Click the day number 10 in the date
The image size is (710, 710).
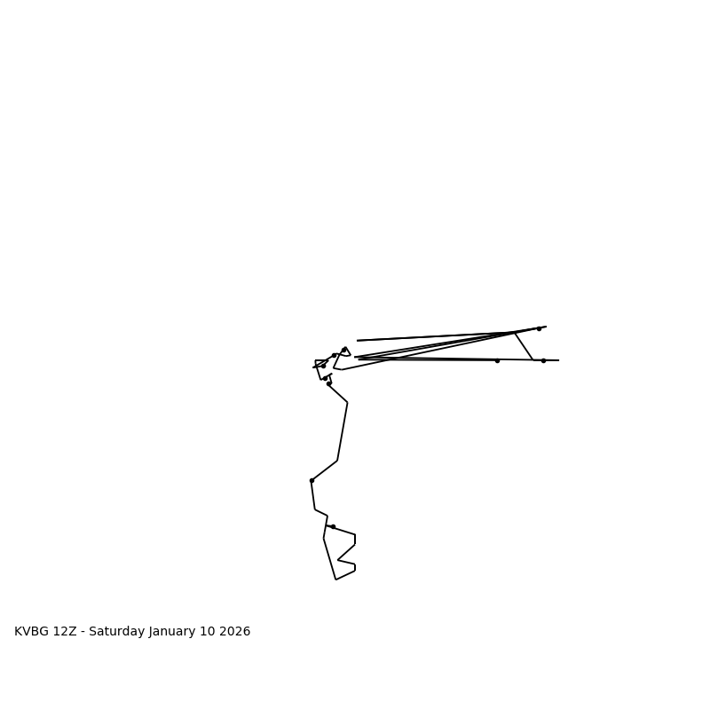210,632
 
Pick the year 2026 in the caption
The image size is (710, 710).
235,632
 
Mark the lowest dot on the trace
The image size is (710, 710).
333,526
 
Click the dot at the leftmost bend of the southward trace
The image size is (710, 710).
312,480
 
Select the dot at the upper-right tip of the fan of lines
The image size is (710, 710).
539,328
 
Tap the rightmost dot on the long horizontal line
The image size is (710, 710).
543,360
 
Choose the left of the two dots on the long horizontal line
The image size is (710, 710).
497,360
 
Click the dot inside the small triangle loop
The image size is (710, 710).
344,350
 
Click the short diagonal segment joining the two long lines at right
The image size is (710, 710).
524,346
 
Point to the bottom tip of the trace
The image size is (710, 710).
335,580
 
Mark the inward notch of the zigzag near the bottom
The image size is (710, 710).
338,560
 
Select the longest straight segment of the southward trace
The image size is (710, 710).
343,431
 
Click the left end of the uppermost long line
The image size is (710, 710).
358,340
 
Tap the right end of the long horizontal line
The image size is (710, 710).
558,360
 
